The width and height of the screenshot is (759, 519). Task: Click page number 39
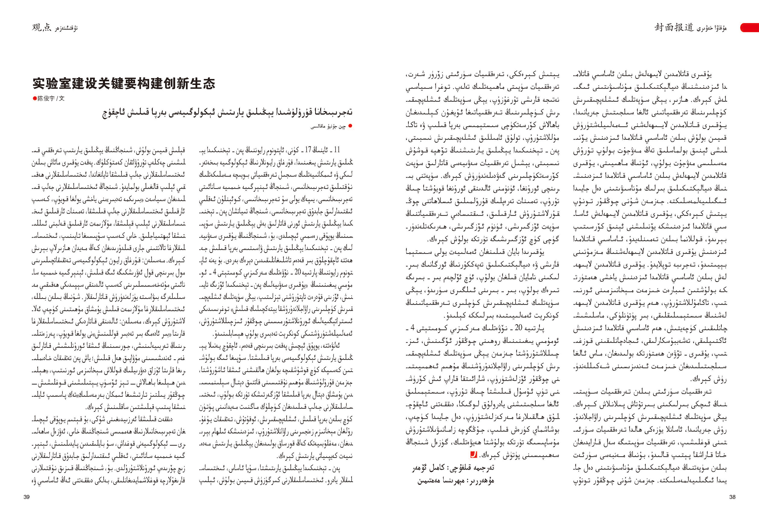tap(27, 497)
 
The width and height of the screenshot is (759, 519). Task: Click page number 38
tap(732, 497)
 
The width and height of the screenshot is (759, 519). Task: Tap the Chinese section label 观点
tap(41, 28)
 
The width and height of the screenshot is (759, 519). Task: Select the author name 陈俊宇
tap(46, 98)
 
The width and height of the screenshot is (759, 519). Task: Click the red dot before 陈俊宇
tap(34, 98)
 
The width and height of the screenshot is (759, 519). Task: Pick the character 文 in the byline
tap(62, 98)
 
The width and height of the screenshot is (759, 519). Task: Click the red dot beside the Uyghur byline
tap(351, 126)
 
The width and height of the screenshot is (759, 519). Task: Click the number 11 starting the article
tap(336, 150)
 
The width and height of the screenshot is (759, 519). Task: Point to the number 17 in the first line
tap(308, 150)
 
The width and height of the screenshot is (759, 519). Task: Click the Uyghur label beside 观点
tap(67, 28)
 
